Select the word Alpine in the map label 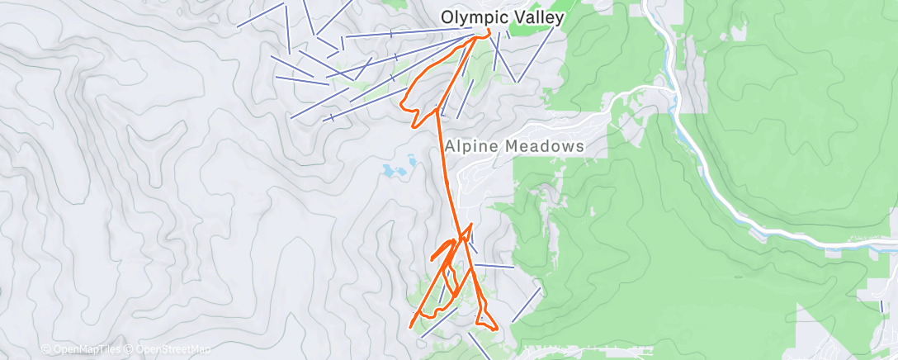point(470,145)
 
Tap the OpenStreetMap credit point(173,349)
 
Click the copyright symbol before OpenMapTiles point(46,349)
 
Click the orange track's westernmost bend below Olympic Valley point(401,105)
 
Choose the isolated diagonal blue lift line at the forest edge point(526,305)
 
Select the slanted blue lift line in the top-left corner point(262,15)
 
